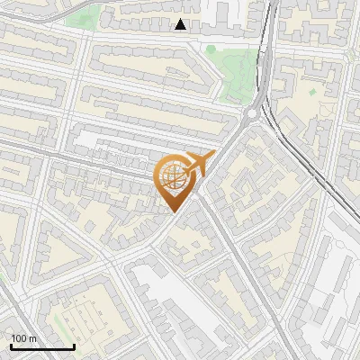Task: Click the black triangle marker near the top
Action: tap(181, 24)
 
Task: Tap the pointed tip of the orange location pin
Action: tap(172, 211)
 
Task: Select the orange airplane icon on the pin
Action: tap(200, 163)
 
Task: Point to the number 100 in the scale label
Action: tap(20, 338)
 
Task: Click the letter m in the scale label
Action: tap(33, 338)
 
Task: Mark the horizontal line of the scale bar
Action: tap(41, 346)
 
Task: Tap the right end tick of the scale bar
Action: tap(74, 345)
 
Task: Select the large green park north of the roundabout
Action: tap(237, 72)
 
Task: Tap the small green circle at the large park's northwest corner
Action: tap(213, 49)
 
